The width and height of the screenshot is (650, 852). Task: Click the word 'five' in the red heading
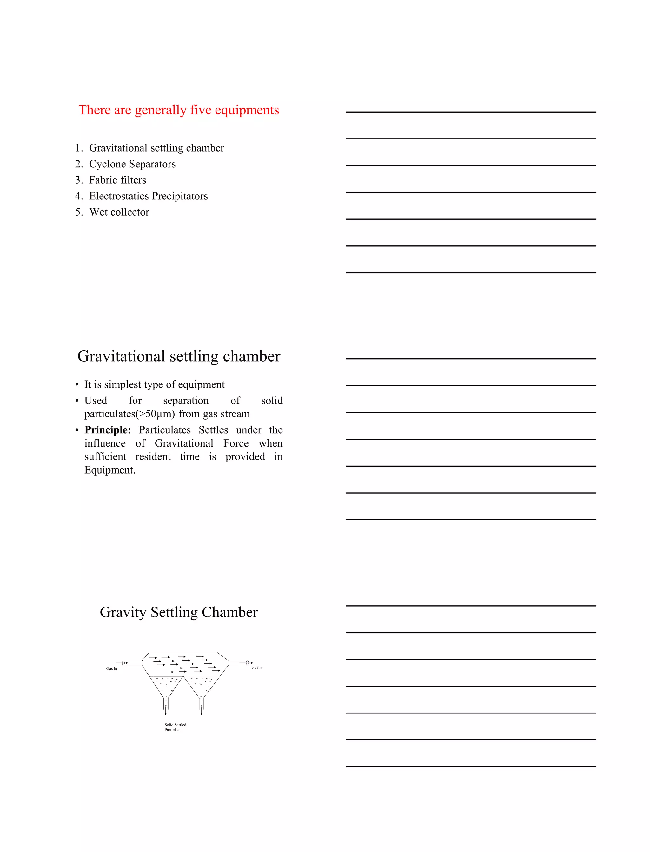[200, 110]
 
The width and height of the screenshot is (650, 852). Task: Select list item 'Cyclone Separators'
[132, 164]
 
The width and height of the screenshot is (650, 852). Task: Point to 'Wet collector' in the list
[119, 212]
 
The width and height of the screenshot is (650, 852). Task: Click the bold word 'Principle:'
[108, 430]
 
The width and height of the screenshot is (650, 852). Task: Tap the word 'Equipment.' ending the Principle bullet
[110, 470]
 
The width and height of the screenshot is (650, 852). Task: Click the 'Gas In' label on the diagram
[111, 668]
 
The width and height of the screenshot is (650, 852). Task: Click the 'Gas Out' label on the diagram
[256, 668]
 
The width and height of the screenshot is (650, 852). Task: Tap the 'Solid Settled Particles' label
[175, 727]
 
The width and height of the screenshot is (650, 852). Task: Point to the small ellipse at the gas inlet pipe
[123, 663]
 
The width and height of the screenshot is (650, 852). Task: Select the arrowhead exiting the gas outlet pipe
[251, 663]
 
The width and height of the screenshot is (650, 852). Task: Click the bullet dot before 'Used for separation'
[77, 401]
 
